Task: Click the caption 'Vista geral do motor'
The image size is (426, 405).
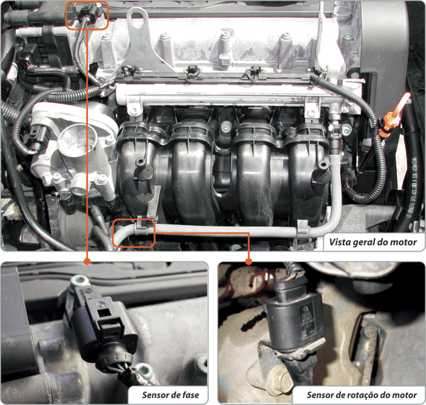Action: click(x=373, y=242)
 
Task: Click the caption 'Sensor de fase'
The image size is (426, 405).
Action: click(x=170, y=394)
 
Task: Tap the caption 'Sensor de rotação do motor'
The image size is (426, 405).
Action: click(x=361, y=394)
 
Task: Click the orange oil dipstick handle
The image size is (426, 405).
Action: click(x=394, y=116)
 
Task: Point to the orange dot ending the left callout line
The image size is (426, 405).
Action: click(x=87, y=261)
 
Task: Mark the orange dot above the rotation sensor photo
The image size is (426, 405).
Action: click(x=248, y=261)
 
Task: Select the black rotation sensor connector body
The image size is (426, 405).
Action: click(x=294, y=319)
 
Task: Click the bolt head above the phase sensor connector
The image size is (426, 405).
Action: click(x=78, y=281)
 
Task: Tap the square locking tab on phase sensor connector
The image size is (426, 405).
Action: click(x=104, y=313)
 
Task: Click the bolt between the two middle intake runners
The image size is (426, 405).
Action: click(x=226, y=127)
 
